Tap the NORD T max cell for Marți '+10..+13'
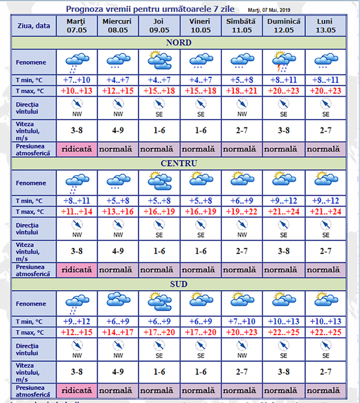tap(76, 90)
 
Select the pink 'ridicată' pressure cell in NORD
tap(76, 149)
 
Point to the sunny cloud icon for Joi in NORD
tap(159, 61)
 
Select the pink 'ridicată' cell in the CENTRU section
tap(76, 270)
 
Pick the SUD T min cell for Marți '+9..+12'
tap(76, 320)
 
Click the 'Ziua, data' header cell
tap(34, 25)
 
